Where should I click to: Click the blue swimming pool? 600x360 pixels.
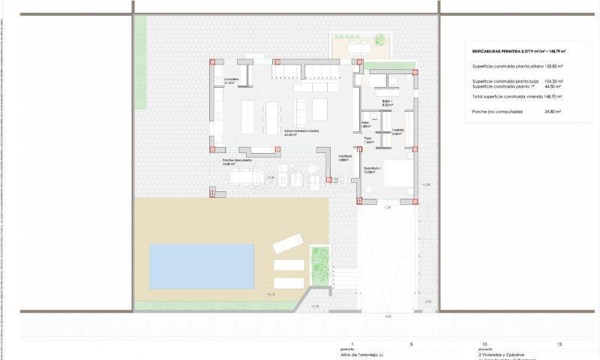(202, 266)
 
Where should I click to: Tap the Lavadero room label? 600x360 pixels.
(229, 80)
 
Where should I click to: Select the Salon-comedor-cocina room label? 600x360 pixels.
(301, 130)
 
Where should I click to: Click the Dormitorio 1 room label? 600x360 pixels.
(373, 169)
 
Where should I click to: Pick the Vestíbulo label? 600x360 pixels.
(344, 157)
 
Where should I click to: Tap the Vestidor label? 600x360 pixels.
(398, 132)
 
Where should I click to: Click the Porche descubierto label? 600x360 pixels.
(237, 161)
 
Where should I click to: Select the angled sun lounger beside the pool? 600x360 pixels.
(287, 244)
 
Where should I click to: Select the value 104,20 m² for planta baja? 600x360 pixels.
(553, 81)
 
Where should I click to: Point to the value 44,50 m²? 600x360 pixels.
(553, 86)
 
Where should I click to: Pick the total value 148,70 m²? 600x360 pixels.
(553, 97)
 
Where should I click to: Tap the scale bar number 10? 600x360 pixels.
(484, 343)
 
